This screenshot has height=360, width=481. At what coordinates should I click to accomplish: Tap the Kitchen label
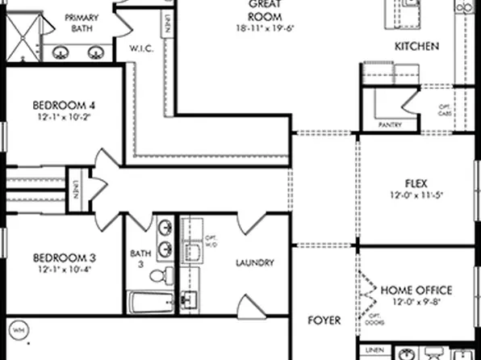point(416,47)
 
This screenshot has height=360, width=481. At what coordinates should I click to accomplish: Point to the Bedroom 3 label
point(65,258)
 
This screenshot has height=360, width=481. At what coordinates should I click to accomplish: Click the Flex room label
point(416,182)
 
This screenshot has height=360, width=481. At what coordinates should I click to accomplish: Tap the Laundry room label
point(254,262)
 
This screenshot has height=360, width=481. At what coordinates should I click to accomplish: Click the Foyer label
point(324,320)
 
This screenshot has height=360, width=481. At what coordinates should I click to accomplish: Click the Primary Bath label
point(82,23)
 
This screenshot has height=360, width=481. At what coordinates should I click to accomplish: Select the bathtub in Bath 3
point(149,303)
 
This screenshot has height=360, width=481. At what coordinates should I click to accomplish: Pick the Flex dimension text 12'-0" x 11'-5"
point(416,195)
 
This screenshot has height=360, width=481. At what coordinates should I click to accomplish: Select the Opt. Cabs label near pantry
point(443,111)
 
